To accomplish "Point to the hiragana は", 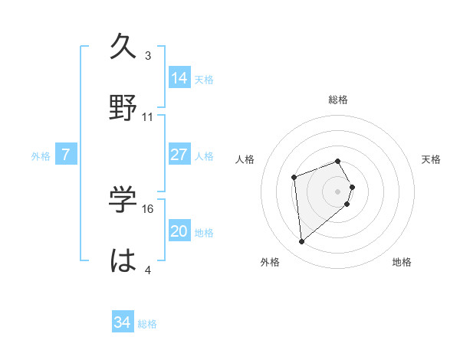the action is pos(124,260).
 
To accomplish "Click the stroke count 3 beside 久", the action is pos(148,56).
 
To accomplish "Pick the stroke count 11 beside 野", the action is pos(148,116).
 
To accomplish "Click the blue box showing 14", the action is pos(179,77).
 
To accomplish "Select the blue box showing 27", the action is pos(179,155).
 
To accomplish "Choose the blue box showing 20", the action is pos(179,231).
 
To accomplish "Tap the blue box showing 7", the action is pos(66,155).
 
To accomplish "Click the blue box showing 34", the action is pos(123,322).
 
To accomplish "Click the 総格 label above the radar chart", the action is pos(338,100).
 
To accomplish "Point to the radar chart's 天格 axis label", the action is pos(432,159).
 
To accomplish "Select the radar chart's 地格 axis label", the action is pos(402,262).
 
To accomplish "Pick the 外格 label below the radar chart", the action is pos(270,262).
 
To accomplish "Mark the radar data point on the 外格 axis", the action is pos(302,242).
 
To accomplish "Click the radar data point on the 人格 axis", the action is pos(294,178).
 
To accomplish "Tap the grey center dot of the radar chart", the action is pos(338,191).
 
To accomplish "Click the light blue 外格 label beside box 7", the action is pos(41,155).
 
